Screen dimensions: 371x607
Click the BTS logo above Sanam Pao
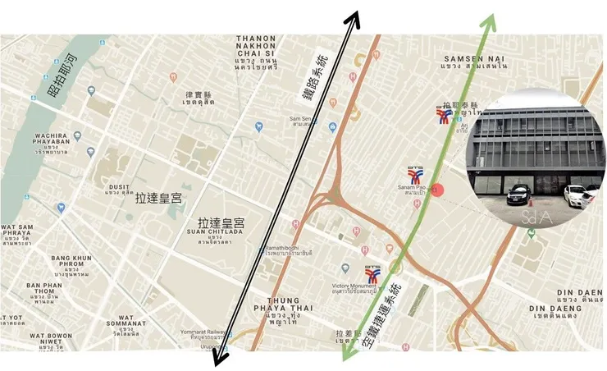point(416,176)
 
